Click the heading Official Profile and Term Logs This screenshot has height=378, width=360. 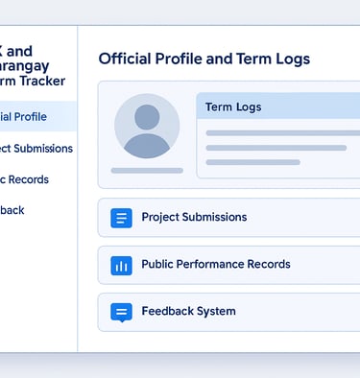[x=204, y=59]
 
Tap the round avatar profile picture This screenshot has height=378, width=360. [x=147, y=126]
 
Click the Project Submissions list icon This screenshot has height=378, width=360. [x=121, y=218]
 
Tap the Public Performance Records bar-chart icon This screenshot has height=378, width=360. [x=121, y=265]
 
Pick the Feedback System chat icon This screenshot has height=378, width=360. [x=121, y=312]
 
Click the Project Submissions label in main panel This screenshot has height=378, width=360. [x=194, y=218]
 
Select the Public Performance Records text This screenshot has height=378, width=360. [x=215, y=265]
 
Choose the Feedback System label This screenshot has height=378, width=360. [x=188, y=312]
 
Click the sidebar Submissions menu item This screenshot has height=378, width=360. [x=36, y=149]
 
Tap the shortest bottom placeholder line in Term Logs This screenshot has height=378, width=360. [x=239, y=162]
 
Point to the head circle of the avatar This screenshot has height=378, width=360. [x=147, y=117]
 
